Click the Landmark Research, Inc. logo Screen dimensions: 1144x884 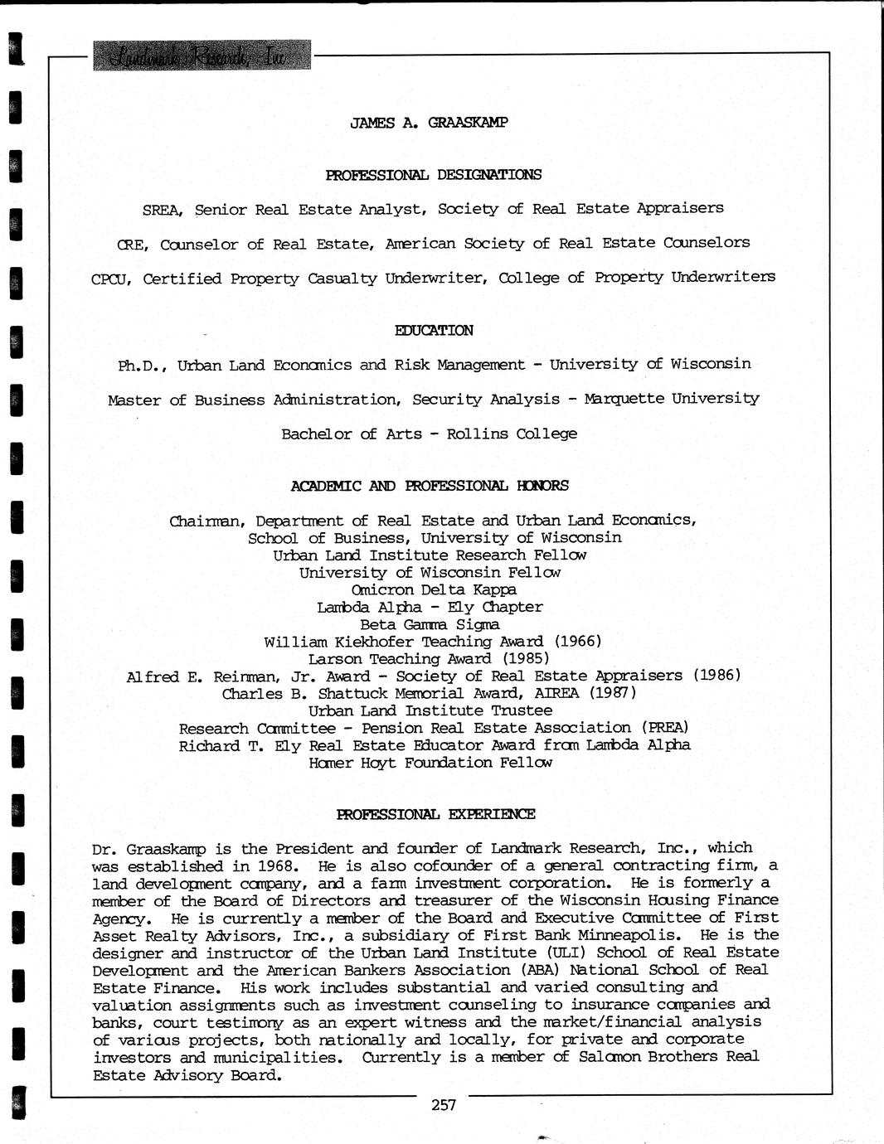[x=202, y=56]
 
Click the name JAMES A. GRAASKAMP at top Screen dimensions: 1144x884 [x=429, y=123]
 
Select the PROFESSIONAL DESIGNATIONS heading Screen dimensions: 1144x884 [x=433, y=174]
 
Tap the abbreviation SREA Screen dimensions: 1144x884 [x=163, y=210]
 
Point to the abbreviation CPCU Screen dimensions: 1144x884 [x=111, y=279]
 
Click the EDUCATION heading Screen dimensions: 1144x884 [x=434, y=330]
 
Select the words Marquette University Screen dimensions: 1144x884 [x=671, y=399]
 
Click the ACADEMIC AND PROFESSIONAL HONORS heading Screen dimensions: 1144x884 [x=430, y=486]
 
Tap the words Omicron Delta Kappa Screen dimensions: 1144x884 [x=434, y=590]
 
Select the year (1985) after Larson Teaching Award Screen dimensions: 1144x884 [x=524, y=659]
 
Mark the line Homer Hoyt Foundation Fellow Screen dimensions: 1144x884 [x=430, y=763]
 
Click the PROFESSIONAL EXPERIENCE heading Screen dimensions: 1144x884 [x=435, y=814]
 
